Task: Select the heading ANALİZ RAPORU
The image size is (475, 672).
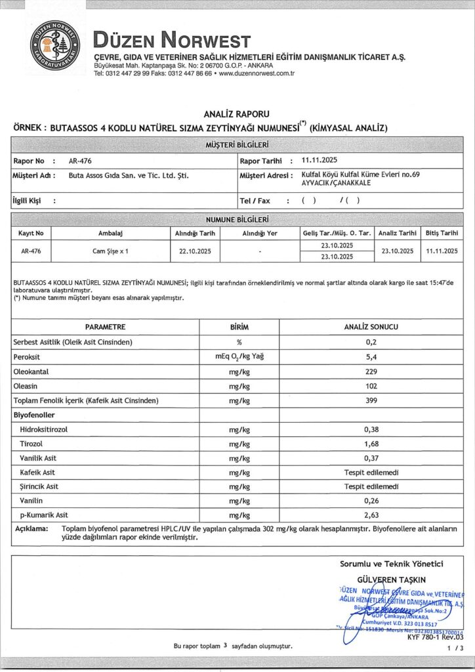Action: point(236,114)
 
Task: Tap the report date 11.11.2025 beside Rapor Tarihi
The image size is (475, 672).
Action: point(320,160)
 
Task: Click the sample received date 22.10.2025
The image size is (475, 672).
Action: point(195,251)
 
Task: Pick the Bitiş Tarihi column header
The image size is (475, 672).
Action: point(441,233)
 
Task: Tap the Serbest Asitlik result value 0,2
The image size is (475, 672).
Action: point(371,343)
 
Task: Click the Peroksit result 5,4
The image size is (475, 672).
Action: point(371,357)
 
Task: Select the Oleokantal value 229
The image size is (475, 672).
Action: point(371,371)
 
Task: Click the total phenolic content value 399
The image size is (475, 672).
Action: point(371,400)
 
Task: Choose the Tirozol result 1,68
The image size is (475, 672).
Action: point(371,444)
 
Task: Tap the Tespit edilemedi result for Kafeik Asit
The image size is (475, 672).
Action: point(371,472)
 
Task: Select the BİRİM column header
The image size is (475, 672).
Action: point(239,327)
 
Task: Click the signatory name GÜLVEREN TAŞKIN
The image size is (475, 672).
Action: point(391,579)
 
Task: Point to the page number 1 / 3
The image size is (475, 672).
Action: point(454,647)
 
